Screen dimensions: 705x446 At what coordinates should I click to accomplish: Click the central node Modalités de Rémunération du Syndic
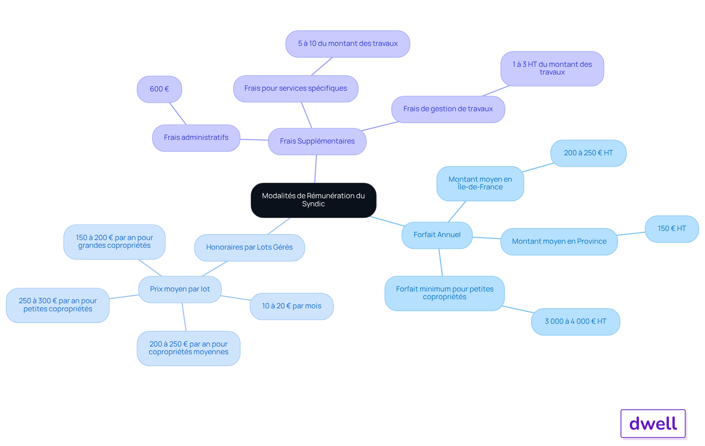[313, 200]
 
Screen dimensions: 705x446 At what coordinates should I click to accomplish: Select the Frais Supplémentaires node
[317, 141]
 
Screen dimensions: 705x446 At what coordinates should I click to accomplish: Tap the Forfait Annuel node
[437, 235]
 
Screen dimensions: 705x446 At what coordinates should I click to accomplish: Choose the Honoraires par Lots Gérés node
[249, 247]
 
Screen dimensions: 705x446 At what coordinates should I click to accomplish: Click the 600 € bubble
[159, 89]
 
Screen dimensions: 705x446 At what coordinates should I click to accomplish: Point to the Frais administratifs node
[196, 138]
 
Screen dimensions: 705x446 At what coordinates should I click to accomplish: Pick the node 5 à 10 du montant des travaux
[348, 44]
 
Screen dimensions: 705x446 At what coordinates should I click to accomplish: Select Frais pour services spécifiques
[296, 88]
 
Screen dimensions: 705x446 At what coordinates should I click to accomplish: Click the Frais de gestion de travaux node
[448, 109]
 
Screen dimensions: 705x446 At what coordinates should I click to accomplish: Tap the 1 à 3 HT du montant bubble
[552, 69]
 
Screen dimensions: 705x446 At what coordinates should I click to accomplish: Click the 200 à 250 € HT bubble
[588, 153]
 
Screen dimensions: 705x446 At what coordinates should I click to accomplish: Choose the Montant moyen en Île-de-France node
[480, 184]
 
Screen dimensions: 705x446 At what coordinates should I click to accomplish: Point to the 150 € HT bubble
[672, 229]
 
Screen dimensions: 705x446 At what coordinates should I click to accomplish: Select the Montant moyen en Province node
[559, 242]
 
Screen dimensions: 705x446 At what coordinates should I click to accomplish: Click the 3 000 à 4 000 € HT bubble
[575, 322]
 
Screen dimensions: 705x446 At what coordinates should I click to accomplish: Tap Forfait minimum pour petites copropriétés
[445, 293]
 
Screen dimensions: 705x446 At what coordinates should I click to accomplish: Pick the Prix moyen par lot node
[180, 289]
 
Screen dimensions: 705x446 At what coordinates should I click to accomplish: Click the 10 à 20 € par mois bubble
[292, 306]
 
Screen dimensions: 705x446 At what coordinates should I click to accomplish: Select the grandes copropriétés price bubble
[114, 242]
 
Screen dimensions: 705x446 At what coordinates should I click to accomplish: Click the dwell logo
[653, 424]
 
